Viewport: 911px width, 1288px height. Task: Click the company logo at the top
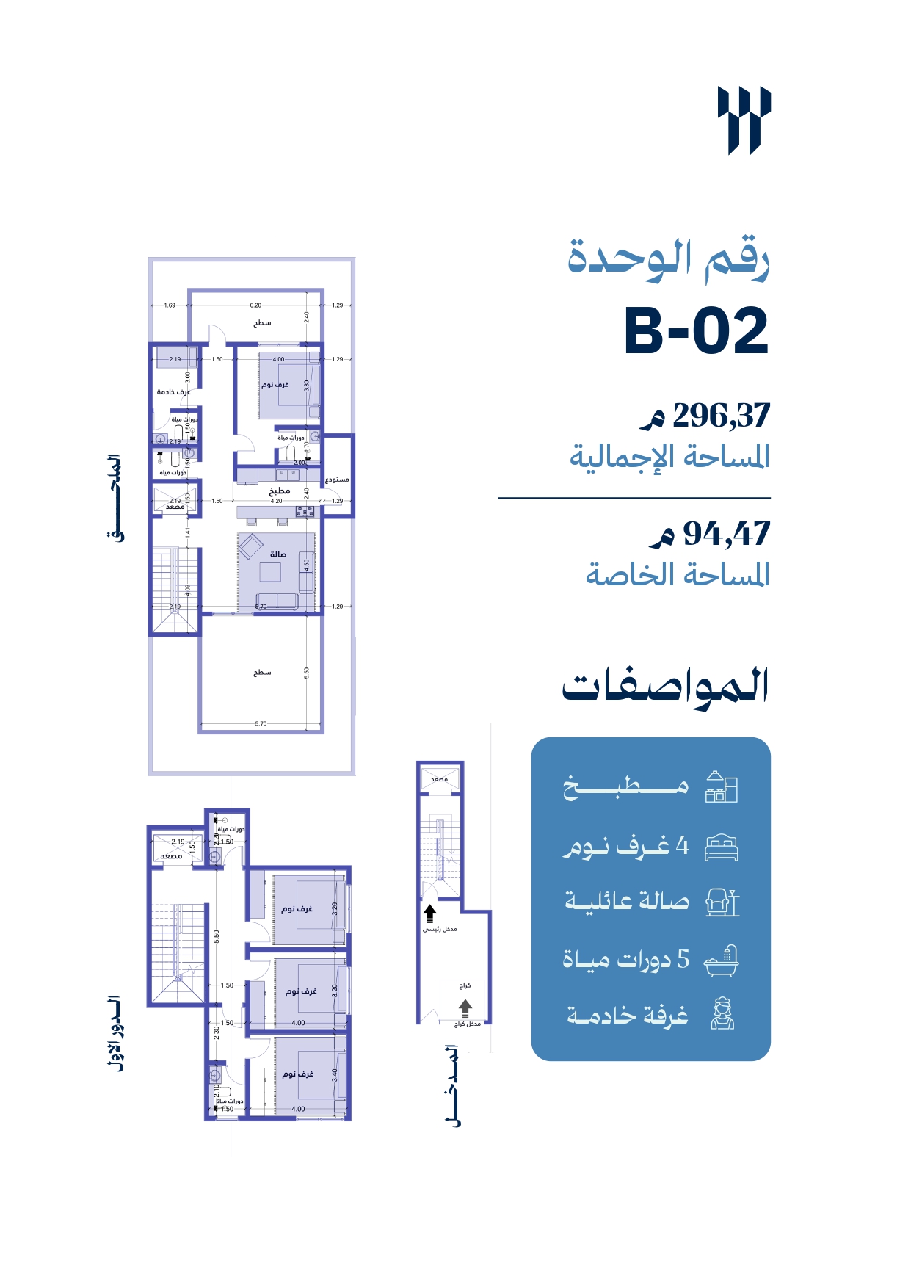pyautogui.click(x=744, y=120)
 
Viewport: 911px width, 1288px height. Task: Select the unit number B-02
pyautogui.click(x=696, y=332)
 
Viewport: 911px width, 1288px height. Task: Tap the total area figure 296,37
pyautogui.click(x=721, y=416)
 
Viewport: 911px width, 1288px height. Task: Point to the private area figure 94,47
pyautogui.click(x=726, y=534)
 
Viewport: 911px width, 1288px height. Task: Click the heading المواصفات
pyautogui.click(x=665, y=687)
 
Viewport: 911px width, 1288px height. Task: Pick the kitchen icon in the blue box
pyautogui.click(x=721, y=787)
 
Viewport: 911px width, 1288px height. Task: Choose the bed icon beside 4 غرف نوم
pyautogui.click(x=721, y=847)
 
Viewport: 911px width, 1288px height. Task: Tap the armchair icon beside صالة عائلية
pyautogui.click(x=722, y=902)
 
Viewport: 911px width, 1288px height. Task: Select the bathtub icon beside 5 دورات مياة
pyautogui.click(x=721, y=960)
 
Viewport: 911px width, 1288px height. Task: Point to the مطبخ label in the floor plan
pyautogui.click(x=279, y=491)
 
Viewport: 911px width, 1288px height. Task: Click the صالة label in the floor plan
pyautogui.click(x=277, y=554)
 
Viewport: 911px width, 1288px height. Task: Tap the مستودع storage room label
pyautogui.click(x=337, y=480)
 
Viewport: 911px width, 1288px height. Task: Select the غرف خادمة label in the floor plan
pyautogui.click(x=173, y=392)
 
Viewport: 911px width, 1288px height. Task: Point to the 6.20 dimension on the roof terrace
pyautogui.click(x=255, y=305)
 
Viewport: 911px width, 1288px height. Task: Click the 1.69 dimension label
pyautogui.click(x=170, y=305)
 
